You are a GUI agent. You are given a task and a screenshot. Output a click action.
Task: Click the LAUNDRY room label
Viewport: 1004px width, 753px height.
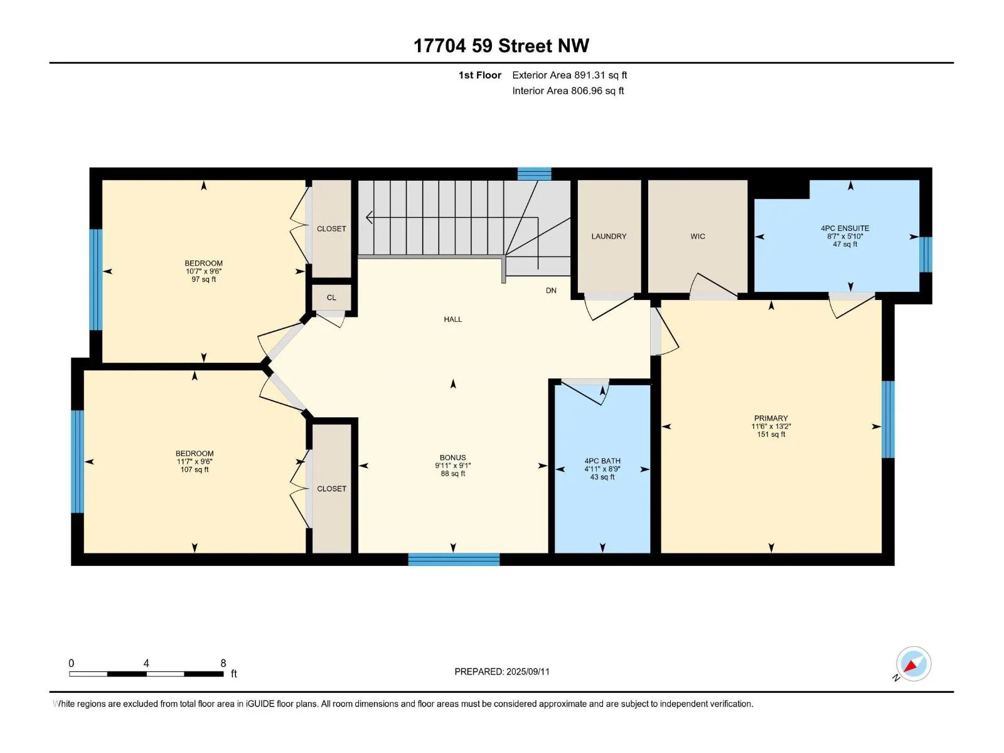pyautogui.click(x=608, y=237)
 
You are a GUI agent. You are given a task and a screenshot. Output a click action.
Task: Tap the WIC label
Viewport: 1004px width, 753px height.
pyautogui.click(x=698, y=237)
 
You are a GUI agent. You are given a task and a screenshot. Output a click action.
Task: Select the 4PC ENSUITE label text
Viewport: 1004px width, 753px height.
pyautogui.click(x=845, y=228)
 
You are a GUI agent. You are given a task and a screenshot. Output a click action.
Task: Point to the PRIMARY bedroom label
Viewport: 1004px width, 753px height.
pyautogui.click(x=771, y=419)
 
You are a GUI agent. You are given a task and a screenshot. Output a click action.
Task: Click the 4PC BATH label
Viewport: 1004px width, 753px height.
pyautogui.click(x=602, y=461)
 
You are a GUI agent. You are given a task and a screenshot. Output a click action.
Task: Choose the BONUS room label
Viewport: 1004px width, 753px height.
pyautogui.click(x=453, y=457)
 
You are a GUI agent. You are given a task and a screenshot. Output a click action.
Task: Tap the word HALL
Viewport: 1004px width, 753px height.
pyautogui.click(x=453, y=319)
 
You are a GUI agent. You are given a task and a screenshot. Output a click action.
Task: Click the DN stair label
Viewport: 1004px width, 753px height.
pyautogui.click(x=551, y=291)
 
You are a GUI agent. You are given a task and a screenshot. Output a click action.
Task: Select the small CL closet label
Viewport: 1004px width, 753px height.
pyautogui.click(x=331, y=297)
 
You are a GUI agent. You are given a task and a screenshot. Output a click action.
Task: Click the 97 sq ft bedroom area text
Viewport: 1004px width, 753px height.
pyautogui.click(x=203, y=279)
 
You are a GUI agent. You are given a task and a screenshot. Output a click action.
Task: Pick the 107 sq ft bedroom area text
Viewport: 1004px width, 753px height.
pyautogui.click(x=195, y=469)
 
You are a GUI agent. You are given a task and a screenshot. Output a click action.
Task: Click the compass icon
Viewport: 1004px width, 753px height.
pyautogui.click(x=913, y=664)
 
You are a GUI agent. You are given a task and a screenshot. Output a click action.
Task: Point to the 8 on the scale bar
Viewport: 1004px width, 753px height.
pyautogui.click(x=223, y=663)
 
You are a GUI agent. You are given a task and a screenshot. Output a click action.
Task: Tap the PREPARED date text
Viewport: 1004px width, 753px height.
pyautogui.click(x=502, y=671)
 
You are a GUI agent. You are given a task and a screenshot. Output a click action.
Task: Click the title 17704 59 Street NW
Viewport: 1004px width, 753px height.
pyautogui.click(x=501, y=46)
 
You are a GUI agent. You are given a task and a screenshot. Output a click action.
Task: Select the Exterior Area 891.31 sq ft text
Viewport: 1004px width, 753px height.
pyautogui.click(x=570, y=75)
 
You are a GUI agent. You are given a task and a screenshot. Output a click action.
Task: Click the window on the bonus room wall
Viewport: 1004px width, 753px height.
pyautogui.click(x=454, y=560)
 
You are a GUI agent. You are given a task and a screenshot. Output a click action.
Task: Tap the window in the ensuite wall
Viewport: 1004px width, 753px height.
pyautogui.click(x=926, y=255)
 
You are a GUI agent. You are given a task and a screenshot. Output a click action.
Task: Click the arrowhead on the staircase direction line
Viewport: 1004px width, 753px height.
pyautogui.click(x=370, y=218)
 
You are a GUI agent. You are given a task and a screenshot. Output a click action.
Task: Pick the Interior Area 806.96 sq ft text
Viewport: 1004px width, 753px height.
pyautogui.click(x=568, y=90)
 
